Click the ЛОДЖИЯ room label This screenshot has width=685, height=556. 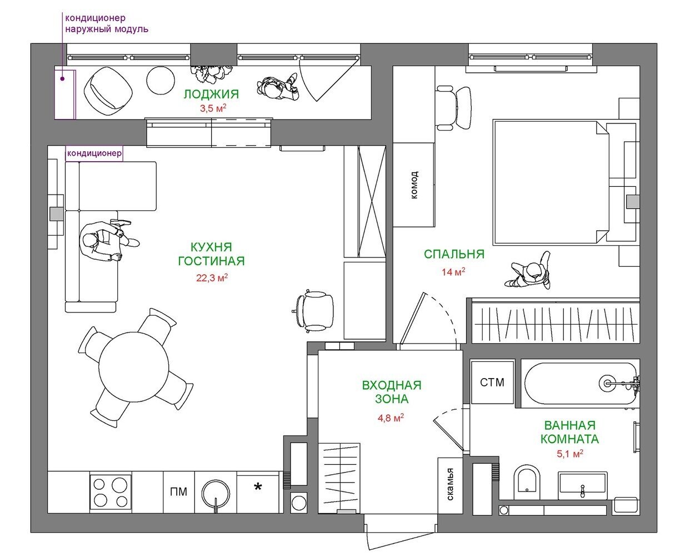(211, 95)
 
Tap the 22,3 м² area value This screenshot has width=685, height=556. (212, 277)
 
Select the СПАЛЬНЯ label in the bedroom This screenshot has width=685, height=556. (454, 254)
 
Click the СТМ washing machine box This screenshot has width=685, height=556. (492, 383)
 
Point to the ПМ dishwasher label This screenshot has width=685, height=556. (178, 492)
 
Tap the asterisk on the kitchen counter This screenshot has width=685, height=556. (258, 488)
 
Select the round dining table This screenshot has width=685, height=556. (134, 367)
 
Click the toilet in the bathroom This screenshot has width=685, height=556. (527, 483)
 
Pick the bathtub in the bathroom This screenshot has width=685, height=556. (581, 384)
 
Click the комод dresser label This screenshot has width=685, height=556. (414, 185)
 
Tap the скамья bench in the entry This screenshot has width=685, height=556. (450, 485)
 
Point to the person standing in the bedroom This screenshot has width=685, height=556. (528, 271)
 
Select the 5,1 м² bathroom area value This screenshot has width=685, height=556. (570, 454)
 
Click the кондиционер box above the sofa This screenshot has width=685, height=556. (94, 153)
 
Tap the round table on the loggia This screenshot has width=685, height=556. (161, 80)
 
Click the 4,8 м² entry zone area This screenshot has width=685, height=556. (391, 418)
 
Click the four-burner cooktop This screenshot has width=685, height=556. (111, 492)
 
